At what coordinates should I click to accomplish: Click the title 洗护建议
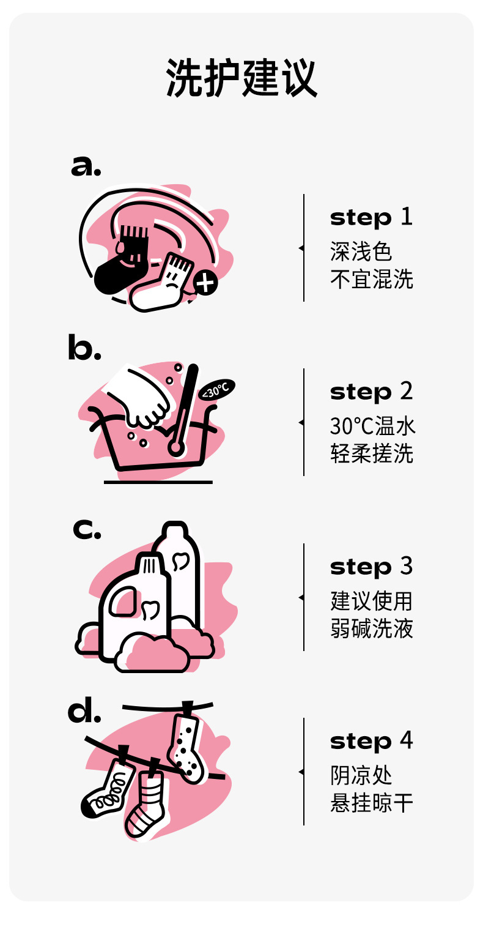242,78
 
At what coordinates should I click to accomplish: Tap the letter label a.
86,166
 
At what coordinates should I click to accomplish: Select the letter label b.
84,347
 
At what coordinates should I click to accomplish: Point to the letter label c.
87,529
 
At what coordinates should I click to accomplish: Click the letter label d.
84,709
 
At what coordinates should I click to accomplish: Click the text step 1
371,217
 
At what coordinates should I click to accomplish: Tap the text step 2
371,392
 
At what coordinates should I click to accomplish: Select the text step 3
371,567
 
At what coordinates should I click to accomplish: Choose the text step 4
371,741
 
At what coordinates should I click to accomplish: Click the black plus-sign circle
205,283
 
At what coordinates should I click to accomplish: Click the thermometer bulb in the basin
175,447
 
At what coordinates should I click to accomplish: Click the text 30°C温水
372,426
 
